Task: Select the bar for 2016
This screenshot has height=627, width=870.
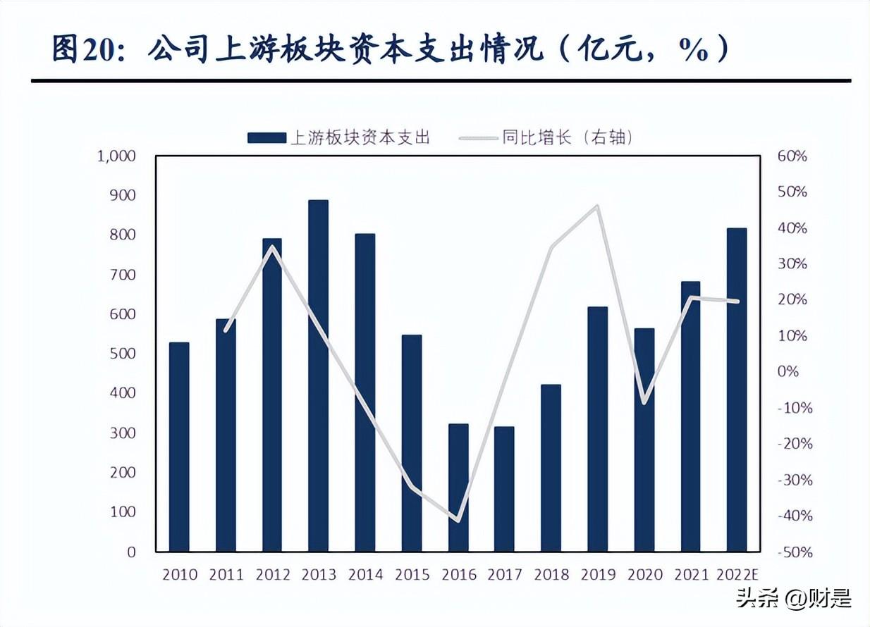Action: coord(458,488)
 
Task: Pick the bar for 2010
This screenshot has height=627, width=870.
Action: coord(179,447)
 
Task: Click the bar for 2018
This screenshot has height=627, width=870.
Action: coord(551,468)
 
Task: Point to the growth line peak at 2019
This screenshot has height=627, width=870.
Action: coord(597,206)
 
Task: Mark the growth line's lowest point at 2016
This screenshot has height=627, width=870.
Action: coord(458,521)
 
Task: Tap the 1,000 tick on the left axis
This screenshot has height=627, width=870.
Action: coord(115,156)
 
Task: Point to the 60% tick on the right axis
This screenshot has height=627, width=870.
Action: coord(791,156)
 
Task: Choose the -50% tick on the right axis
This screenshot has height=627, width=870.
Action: coord(794,553)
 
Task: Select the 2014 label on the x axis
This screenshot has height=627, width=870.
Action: coord(365,575)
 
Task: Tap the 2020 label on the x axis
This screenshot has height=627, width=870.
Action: coord(644,575)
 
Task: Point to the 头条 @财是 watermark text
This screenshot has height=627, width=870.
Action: coord(794,599)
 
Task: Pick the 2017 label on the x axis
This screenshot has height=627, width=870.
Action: coord(504,575)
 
